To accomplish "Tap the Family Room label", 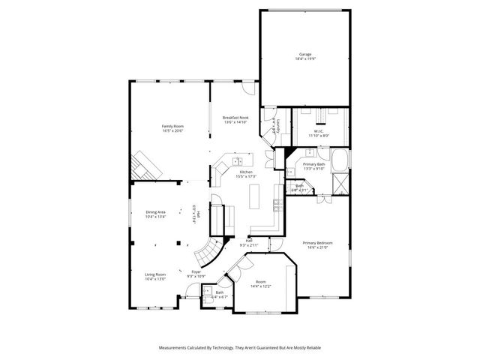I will click(172, 128).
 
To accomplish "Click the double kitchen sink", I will click(237, 161).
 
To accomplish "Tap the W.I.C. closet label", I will click(319, 134).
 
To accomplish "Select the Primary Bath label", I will click(313, 166).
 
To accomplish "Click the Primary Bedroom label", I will click(317, 245).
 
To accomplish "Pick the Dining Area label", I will click(155, 214).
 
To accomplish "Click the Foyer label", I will click(196, 274).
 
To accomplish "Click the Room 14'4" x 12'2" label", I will click(260, 283).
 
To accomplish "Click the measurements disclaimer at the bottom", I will click(239, 349).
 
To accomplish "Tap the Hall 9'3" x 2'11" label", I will click(248, 243).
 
